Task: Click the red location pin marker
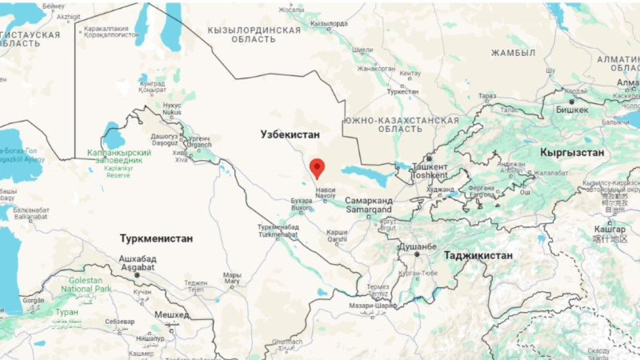coord(317,168)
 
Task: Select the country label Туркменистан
coord(156,238)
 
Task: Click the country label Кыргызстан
coord(572,152)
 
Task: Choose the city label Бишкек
coord(572,109)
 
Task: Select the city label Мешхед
coord(171,315)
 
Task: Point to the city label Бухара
coord(302,201)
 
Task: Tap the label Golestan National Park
coord(86,286)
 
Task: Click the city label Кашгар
coord(610,229)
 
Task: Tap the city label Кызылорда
coord(329,24)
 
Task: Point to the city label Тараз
coord(487,96)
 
